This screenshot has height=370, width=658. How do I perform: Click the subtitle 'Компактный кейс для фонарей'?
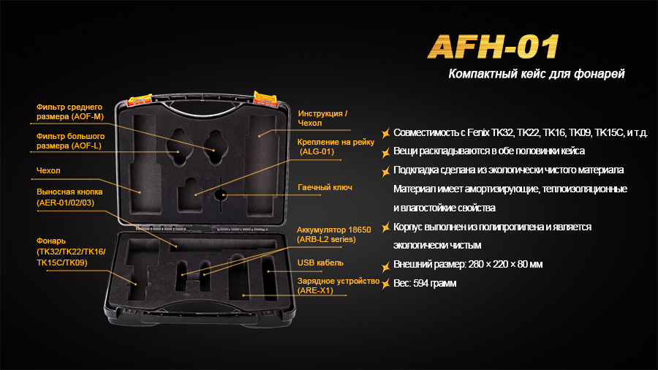point(537,75)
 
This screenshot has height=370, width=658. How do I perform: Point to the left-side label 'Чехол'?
point(48,171)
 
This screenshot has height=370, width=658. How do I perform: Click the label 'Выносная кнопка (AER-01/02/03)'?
point(70,197)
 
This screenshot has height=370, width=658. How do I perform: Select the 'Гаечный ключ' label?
point(325,187)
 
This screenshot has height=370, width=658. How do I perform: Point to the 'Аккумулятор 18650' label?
point(334,230)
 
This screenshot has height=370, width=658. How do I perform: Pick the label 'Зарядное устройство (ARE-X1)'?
point(339,286)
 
